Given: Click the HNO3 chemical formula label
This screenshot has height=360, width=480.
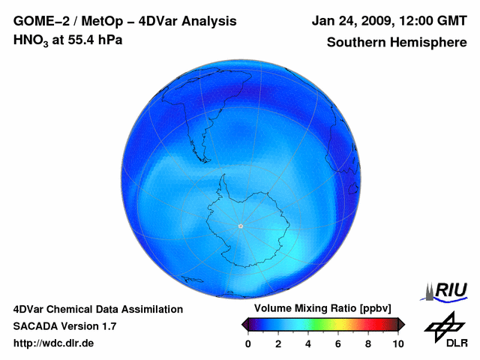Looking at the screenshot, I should click(34, 40).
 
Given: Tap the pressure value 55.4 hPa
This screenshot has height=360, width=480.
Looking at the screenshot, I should click(93, 40).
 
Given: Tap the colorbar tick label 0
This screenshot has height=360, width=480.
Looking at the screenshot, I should click(248, 343).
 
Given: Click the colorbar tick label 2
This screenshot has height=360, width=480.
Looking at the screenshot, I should click(278, 343).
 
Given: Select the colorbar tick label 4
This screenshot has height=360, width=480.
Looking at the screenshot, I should click(308, 343).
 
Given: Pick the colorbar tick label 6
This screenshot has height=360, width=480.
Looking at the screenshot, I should click(338, 343).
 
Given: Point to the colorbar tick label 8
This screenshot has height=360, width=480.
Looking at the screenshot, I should click(368, 343).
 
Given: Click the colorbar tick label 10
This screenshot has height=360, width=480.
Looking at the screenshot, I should click(397, 343).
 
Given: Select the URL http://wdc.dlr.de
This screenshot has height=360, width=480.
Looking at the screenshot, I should click(54, 343).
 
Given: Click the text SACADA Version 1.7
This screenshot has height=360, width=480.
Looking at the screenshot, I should click(64, 326).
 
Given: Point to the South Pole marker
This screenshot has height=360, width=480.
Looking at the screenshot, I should click(240, 226).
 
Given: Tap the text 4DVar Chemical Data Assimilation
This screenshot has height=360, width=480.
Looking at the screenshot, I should click(97, 309).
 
